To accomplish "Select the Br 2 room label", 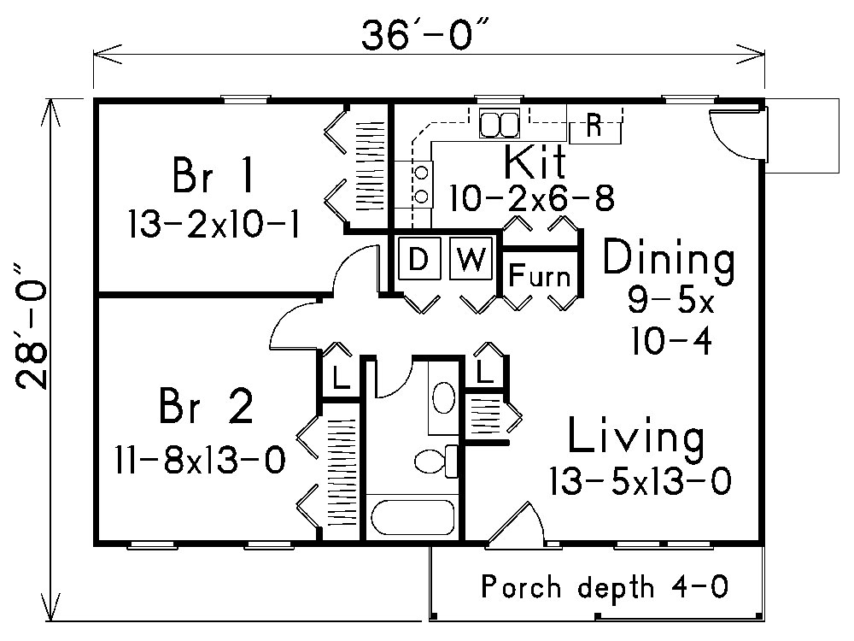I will pyautogui.click(x=206, y=408).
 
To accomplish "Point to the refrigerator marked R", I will pyautogui.click(x=595, y=129).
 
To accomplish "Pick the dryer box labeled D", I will pyautogui.click(x=418, y=259).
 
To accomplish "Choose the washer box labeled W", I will pyautogui.click(x=470, y=259).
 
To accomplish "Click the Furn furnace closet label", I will pyautogui.click(x=540, y=276).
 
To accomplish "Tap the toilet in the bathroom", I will pyautogui.click(x=435, y=461).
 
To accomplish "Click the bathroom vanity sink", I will pyautogui.click(x=443, y=398).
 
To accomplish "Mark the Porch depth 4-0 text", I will pyautogui.click(x=605, y=587).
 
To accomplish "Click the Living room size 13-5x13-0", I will pyautogui.click(x=639, y=481).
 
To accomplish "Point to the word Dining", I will pyautogui.click(x=669, y=259).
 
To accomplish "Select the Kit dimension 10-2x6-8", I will pyautogui.click(x=533, y=197).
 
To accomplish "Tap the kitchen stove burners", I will pyautogui.click(x=421, y=184).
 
